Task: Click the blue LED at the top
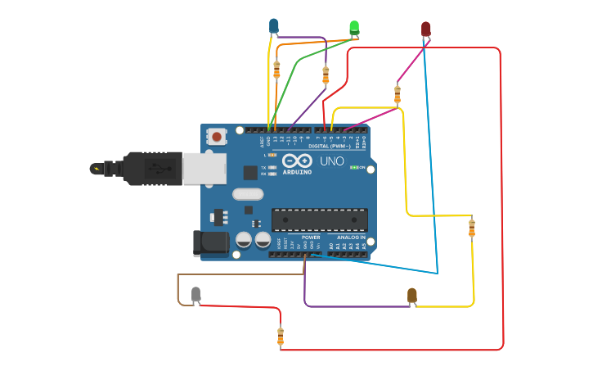coord(274,26)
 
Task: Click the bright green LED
coord(354,28)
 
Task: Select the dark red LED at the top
coord(425,29)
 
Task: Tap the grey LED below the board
coord(195,294)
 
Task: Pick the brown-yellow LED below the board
coord(411,296)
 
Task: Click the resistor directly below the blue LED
coord(276,70)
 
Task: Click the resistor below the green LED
coord(326,75)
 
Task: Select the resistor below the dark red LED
coord(398,94)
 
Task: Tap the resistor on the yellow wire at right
coord(471,228)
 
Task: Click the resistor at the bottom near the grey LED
coord(281,336)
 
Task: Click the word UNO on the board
coord(331,161)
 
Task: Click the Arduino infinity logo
coord(298,161)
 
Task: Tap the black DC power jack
coord(210,242)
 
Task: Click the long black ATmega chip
coord(319,219)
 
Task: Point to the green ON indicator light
coord(353,167)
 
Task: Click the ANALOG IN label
coord(351,238)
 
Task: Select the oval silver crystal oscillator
coord(247,194)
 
